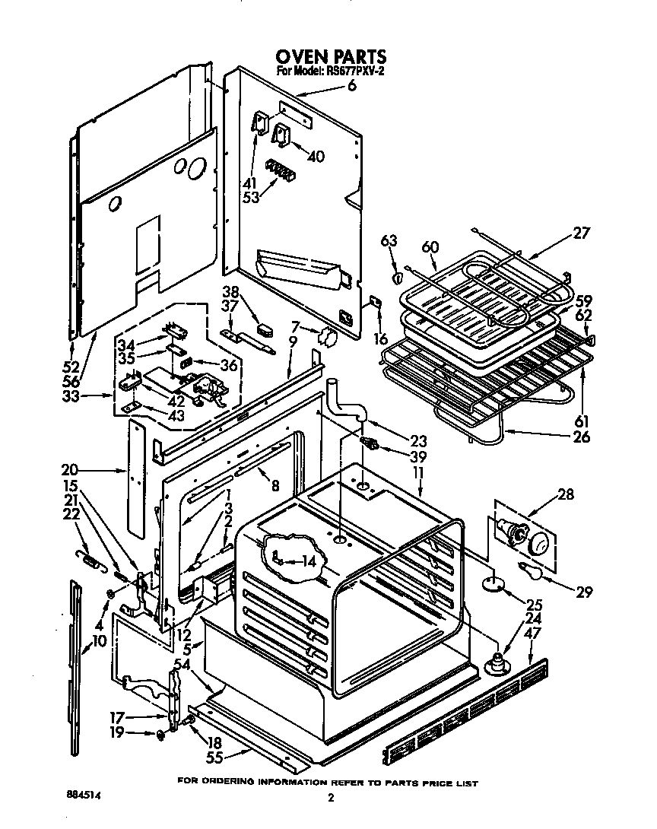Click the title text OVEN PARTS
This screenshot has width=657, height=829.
tap(330, 57)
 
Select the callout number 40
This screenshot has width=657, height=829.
tap(315, 157)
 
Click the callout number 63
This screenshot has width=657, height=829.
tap(389, 242)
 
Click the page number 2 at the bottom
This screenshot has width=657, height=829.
tap(331, 799)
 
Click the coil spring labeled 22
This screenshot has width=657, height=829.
tap(89, 562)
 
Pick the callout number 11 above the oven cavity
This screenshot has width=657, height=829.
tap(418, 472)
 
